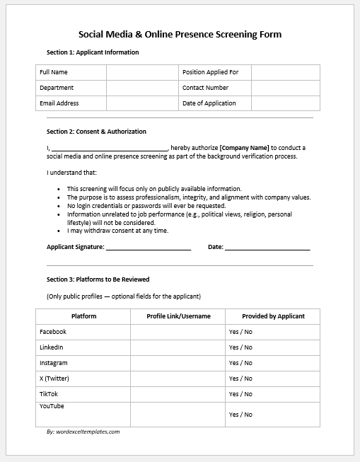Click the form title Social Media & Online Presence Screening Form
180,34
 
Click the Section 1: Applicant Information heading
93,52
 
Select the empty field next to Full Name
142,72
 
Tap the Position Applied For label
210,72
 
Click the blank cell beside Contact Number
285,88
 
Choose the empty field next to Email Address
142,103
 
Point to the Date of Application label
209,103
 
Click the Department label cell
57,88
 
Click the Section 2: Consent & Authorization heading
96,132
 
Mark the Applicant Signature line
149,248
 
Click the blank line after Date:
267,248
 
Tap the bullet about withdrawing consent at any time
117,231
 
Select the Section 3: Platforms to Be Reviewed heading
98,279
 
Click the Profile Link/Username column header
178,316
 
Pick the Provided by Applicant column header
273,316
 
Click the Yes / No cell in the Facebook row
240,332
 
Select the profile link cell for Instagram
178,363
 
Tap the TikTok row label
49,394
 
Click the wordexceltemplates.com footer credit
83,432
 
